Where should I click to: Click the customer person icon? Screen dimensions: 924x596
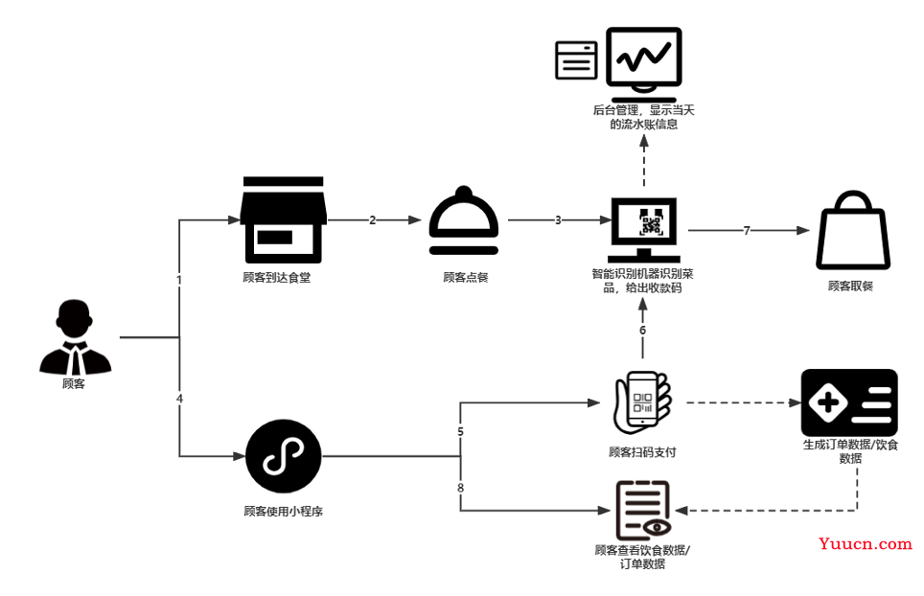(75, 337)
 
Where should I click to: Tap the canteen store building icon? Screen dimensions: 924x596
(283, 219)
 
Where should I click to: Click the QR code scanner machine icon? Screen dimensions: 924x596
(643, 230)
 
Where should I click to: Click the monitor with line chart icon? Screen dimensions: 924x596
(643, 64)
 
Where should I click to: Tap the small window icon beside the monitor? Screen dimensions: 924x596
(576, 60)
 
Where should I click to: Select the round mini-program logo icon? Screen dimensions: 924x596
(284, 456)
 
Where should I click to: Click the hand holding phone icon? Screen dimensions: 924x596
(642, 402)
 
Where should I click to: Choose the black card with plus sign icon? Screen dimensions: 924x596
(849, 402)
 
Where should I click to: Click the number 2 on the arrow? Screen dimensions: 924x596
(373, 220)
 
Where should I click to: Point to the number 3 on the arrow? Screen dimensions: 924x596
(558, 220)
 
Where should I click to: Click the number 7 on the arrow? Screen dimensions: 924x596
(747, 230)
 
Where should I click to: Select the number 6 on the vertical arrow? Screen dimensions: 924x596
(643, 331)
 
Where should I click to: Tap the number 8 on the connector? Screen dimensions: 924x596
(461, 488)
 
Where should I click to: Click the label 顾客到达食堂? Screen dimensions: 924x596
(277, 277)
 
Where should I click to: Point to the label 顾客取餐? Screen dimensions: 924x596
(850, 287)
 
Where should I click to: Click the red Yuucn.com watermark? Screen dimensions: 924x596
(866, 543)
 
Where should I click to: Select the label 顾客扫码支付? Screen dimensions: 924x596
(642, 452)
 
